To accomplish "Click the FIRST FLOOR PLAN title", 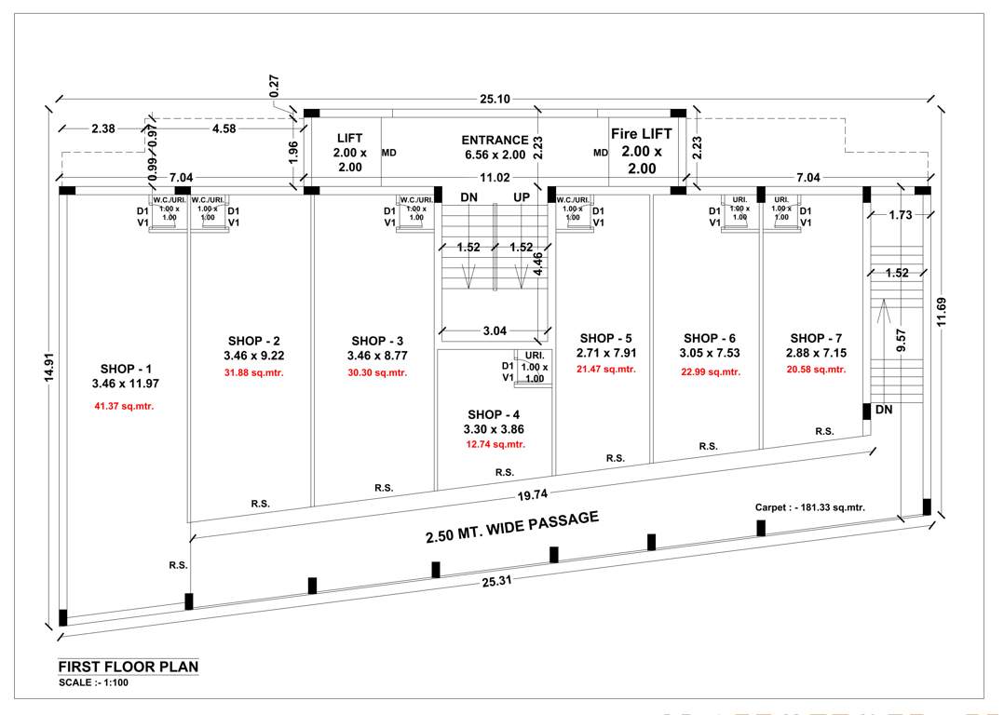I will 128,667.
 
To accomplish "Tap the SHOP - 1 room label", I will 126,369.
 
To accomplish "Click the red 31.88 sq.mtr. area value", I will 253,373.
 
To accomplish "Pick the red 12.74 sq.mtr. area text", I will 496,444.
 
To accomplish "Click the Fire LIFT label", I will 641,134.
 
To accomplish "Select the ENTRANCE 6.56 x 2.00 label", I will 495,147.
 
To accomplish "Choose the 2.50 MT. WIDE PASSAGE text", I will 511,527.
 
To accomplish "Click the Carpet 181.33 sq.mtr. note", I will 809,507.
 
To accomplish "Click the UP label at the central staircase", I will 522,197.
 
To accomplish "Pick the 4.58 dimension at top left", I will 224,129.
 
